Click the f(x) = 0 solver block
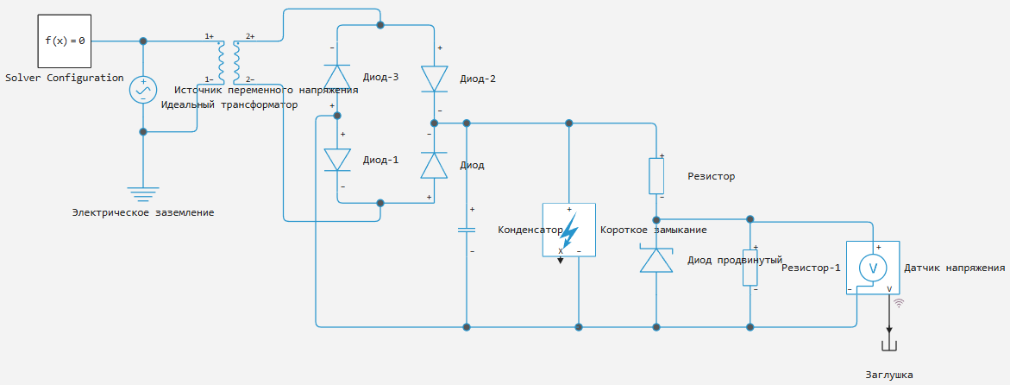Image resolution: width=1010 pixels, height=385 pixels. pos(65,41)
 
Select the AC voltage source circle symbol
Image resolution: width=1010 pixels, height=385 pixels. pos(143,90)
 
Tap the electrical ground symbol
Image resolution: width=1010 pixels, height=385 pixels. pos(143,192)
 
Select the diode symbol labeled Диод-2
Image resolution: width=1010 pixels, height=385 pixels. pos(434,79)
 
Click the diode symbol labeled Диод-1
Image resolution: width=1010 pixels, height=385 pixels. pos(337,160)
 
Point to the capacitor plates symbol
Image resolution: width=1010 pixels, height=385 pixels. pos(466,229)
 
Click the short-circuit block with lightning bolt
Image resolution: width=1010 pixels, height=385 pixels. pos(568,230)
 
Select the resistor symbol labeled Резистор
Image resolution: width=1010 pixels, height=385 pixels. pos(656,175)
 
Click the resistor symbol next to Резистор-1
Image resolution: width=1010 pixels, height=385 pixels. pos(750,267)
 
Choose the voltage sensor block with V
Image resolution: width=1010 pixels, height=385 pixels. pos(873,268)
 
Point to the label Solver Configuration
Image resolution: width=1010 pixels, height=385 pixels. pos(65,78)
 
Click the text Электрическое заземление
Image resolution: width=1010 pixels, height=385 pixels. pos(143,211)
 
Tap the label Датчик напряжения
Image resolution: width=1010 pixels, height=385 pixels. pos(955,268)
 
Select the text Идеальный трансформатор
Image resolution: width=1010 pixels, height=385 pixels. pos(229,104)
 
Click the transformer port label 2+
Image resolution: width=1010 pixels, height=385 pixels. pos(250,36)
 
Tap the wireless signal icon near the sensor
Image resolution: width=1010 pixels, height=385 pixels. pos(900,302)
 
